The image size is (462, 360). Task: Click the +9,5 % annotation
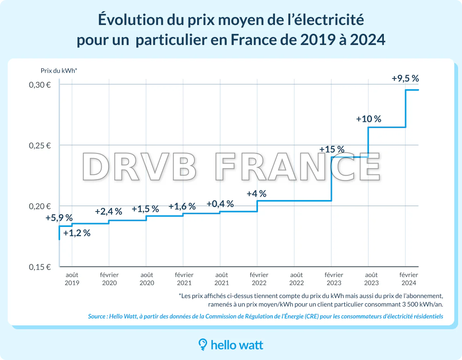405,78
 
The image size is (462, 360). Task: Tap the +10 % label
368,119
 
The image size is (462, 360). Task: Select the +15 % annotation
332,150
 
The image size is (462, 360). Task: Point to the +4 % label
257,194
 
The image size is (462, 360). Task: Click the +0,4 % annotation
220,204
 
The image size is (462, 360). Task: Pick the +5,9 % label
59,218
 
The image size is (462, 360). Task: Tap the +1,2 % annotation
77,233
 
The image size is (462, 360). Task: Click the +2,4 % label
109,211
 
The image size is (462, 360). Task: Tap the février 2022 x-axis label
259,279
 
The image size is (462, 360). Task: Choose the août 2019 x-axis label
72,279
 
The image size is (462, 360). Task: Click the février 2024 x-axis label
408,279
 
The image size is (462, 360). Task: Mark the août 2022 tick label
296,279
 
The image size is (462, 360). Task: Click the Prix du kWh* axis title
59,70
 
